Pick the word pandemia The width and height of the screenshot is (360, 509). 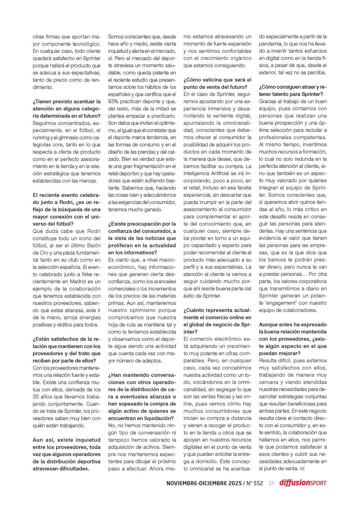[x=271, y=44]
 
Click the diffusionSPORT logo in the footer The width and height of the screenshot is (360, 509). [x=303, y=483]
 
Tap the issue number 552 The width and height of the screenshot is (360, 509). [x=258, y=483]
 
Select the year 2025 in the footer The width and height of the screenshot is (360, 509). [x=235, y=483]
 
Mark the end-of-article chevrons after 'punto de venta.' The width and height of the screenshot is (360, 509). [x=302, y=469]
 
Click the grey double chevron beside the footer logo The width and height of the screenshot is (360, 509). [x=271, y=483]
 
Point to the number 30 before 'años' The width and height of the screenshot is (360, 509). [x=36, y=397]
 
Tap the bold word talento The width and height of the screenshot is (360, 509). [x=283, y=94]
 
